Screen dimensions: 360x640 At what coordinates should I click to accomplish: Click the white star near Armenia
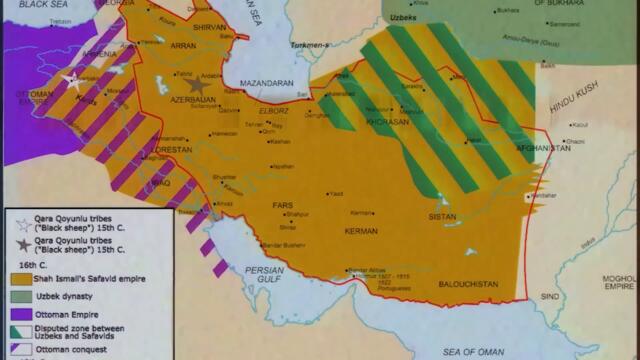click(x=72, y=80)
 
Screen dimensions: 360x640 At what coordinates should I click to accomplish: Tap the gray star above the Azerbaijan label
click(x=196, y=85)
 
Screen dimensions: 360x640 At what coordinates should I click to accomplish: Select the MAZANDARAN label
click(x=265, y=85)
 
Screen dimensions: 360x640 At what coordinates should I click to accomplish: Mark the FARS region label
click(x=283, y=205)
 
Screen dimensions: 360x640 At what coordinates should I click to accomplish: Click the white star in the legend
click(x=21, y=224)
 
